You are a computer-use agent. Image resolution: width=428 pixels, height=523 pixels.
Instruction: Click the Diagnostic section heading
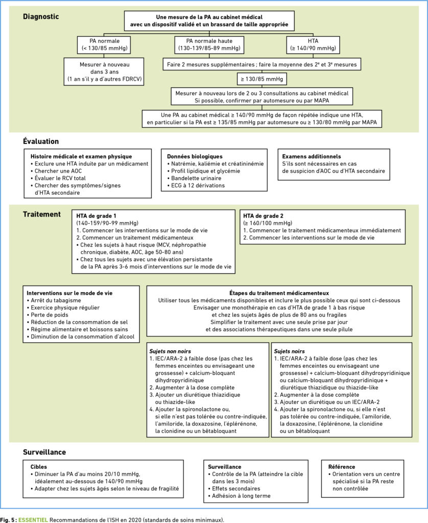pos(41,17)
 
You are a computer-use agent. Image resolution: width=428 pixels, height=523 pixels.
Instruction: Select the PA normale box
pos(104,45)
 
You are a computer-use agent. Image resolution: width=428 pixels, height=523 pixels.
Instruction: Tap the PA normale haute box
pos(209,45)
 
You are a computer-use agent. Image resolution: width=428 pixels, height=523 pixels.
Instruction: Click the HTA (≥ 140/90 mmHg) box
pos(313,45)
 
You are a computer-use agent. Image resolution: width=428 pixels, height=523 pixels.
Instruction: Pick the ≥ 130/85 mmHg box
pos(262,79)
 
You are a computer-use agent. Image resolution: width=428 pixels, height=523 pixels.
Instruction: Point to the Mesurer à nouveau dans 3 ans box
pos(104,72)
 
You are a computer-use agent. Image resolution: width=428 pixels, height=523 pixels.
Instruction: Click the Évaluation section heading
pos(41,141)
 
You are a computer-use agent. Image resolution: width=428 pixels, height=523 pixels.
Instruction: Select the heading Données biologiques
pos(195,156)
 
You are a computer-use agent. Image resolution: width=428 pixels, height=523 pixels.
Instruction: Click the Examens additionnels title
pos(312,156)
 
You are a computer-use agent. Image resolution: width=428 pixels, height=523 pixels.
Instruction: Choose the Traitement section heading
pos(42,215)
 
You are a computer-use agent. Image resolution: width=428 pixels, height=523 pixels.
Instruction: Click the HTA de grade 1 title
pos(96,216)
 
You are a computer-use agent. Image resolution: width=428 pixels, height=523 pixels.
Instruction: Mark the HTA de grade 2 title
pos(263,216)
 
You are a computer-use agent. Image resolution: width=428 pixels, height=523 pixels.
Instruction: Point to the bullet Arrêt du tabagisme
pos(54,300)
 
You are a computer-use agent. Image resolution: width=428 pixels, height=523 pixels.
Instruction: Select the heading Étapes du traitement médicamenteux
pos(279,293)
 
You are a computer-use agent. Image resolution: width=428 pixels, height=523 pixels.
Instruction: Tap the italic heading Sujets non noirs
pos(170,351)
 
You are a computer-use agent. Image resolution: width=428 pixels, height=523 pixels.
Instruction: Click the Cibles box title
pos(39,467)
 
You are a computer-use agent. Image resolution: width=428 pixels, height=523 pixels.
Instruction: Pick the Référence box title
pos(342,467)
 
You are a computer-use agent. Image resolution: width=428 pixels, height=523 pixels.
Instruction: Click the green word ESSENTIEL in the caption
pos(33,520)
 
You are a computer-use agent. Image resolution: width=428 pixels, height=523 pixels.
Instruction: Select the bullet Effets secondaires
pos(234,489)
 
